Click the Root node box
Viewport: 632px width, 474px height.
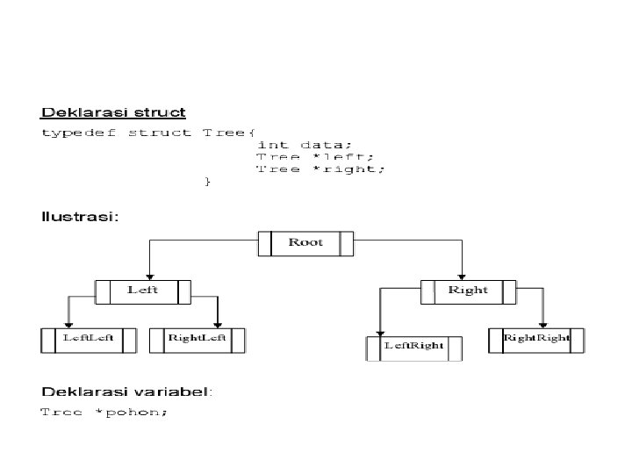click(x=305, y=243)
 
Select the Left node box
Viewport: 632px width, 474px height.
click(x=143, y=291)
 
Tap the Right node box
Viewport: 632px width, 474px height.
click(x=468, y=291)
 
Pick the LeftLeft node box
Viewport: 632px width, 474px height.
click(x=88, y=339)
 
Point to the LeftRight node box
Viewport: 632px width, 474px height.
click(x=413, y=347)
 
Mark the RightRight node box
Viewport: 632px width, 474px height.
click(x=535, y=339)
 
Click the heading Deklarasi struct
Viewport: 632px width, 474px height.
click(x=114, y=112)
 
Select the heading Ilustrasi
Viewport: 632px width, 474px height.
click(x=80, y=215)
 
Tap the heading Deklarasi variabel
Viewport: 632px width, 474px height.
click(x=127, y=391)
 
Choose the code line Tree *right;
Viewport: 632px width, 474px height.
click(x=320, y=169)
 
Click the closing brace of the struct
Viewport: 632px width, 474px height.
click(x=207, y=181)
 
